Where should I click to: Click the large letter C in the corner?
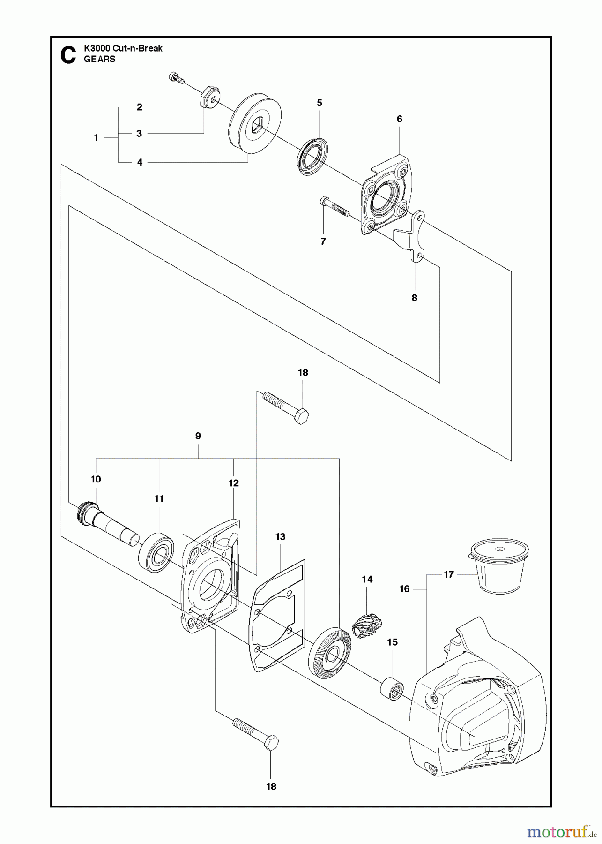68,55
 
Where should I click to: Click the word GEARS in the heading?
99,59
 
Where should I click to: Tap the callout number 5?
320,103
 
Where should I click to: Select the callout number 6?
399,119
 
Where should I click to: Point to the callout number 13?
280,537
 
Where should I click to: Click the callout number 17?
448,574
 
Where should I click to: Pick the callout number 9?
198,436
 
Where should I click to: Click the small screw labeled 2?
175,77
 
